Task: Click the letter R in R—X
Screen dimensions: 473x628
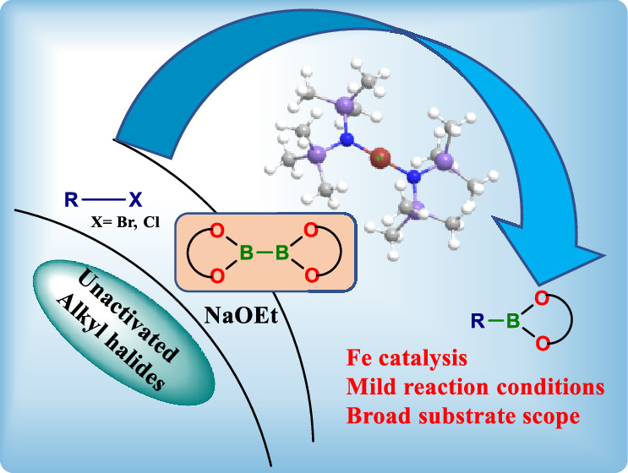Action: click(72, 200)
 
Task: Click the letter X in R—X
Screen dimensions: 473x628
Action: click(135, 200)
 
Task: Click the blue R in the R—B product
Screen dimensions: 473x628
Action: click(478, 319)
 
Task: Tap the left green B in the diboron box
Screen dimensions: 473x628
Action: click(245, 251)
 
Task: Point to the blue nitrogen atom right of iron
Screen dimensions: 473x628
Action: click(413, 176)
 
